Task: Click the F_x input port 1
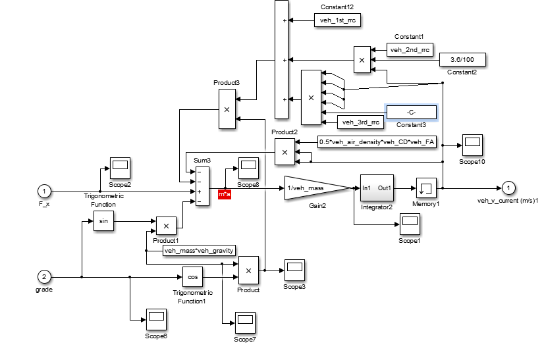[44, 192]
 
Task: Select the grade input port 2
[44, 276]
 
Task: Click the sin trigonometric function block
[103, 222]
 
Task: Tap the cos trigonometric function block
[192, 277]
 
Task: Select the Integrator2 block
[376, 188]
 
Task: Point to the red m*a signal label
[225, 195]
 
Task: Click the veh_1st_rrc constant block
[337, 20]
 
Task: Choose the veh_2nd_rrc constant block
[410, 49]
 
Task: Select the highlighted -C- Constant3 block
[411, 112]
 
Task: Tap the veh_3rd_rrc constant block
[359, 122]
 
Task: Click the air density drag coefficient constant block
[377, 141]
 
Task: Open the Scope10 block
[472, 143]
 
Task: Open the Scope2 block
[120, 169]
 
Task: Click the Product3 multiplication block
[226, 109]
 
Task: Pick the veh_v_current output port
[507, 188]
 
